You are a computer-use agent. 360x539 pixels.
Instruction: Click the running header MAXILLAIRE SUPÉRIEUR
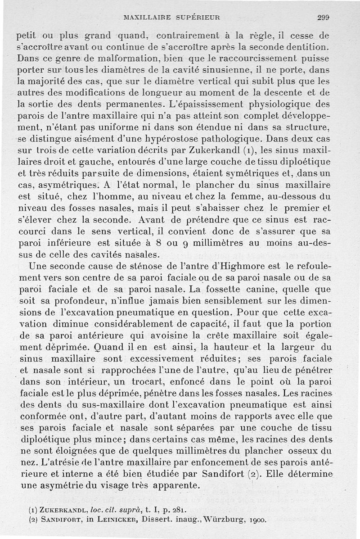pyautogui.click(x=171, y=18)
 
